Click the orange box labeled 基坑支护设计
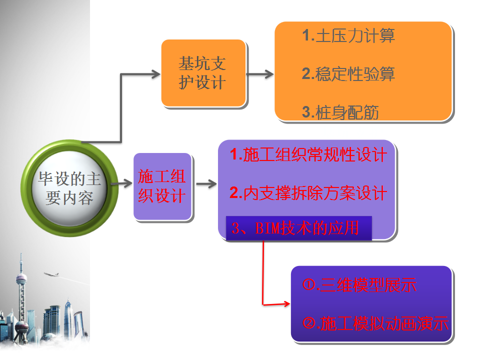point(203,73)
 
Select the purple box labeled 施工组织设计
point(162,186)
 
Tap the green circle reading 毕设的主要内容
point(69,188)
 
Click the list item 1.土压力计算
point(348,35)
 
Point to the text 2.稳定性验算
point(348,74)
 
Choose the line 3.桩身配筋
point(340,112)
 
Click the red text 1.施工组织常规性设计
point(308,154)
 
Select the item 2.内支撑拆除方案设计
point(308,193)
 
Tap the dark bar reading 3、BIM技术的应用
point(299,228)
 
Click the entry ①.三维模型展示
point(359,285)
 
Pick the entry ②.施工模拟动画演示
point(375,323)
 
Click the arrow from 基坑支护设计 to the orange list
point(260,74)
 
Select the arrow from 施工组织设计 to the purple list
point(206,183)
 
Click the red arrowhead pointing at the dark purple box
point(286,303)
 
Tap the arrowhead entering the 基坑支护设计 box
point(156,74)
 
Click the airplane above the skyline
point(51,274)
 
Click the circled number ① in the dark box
point(308,284)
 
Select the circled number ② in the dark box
point(308,323)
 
